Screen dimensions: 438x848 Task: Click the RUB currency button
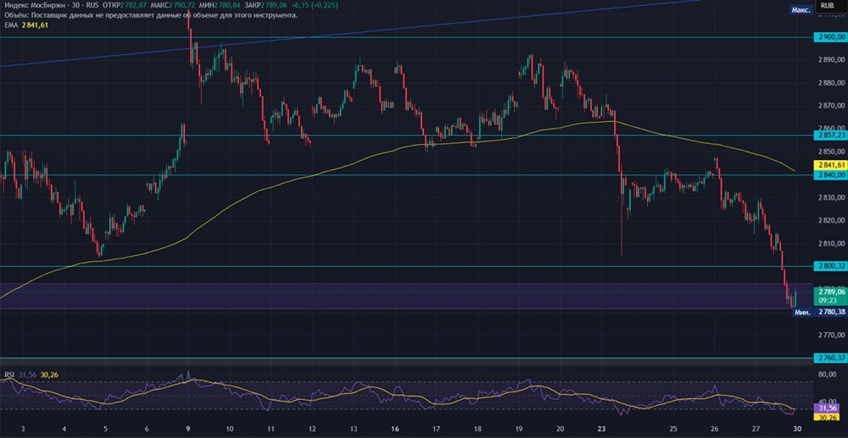pyautogui.click(x=825, y=5)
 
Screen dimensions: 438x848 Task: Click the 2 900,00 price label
pyautogui.click(x=829, y=37)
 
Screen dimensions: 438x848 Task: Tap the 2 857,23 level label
pyautogui.click(x=829, y=135)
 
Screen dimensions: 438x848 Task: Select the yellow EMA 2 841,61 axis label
pyautogui.click(x=829, y=164)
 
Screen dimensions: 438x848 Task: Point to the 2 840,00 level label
pyautogui.click(x=829, y=175)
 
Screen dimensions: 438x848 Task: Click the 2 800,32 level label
pyautogui.click(x=829, y=266)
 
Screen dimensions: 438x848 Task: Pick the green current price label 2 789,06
pyautogui.click(x=829, y=291)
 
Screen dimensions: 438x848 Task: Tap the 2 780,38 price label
pyautogui.click(x=829, y=312)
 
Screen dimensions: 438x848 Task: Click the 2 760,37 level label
pyautogui.click(x=829, y=358)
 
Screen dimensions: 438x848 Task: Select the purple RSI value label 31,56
pyautogui.click(x=829, y=407)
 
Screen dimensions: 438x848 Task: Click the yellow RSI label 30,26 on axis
pyautogui.click(x=829, y=417)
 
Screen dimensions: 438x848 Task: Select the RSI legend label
pyautogui.click(x=9, y=374)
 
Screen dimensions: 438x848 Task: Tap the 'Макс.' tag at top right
pyautogui.click(x=801, y=9)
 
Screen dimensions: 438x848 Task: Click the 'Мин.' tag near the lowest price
pyautogui.click(x=801, y=312)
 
